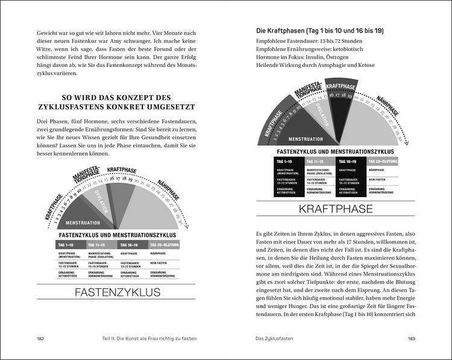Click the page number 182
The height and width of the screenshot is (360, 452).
(x=41, y=338)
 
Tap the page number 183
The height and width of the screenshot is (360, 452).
(x=411, y=338)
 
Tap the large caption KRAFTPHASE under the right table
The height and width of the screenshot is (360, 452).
(x=336, y=209)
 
